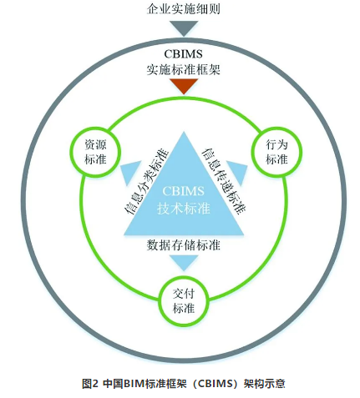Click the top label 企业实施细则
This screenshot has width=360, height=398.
click(x=184, y=9)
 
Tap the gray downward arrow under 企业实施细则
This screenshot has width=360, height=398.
click(x=184, y=28)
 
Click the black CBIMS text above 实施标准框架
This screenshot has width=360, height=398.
click(x=183, y=54)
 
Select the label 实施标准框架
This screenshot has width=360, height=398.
click(x=184, y=69)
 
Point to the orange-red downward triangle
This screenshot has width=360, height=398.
click(x=184, y=86)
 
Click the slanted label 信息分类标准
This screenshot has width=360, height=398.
click(x=146, y=182)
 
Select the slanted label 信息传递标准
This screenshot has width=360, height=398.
click(x=224, y=182)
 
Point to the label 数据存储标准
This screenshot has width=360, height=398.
click(x=184, y=245)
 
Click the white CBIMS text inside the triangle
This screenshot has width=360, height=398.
click(x=184, y=191)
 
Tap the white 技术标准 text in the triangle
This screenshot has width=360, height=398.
click(x=184, y=208)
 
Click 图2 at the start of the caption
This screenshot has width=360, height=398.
click(x=90, y=384)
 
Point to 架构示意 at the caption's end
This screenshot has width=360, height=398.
click(x=264, y=384)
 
